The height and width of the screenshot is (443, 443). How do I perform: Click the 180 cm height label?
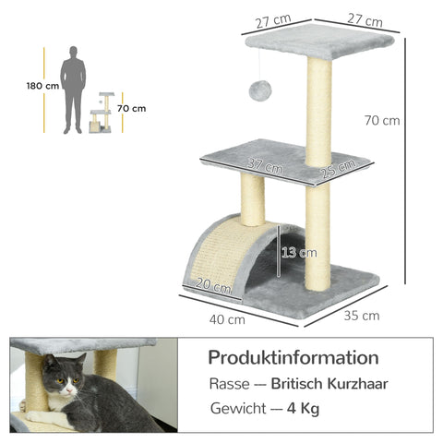click(43, 87)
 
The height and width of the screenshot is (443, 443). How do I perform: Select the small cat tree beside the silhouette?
click(104, 114)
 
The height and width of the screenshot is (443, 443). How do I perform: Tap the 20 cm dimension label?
click(215, 287)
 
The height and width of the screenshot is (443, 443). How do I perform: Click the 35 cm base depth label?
click(361, 315)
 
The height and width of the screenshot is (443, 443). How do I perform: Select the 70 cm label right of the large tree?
click(382, 120)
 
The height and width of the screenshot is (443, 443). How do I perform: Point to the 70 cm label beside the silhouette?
click(133, 108)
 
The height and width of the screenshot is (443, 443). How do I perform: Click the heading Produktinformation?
click(293, 356)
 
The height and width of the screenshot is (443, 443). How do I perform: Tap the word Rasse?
click(227, 383)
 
